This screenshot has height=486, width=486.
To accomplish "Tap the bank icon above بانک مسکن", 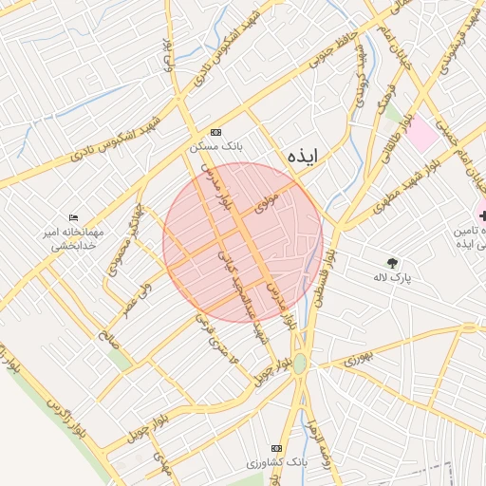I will (x=215, y=132).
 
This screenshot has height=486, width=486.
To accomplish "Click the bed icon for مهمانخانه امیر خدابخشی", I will (x=74, y=217).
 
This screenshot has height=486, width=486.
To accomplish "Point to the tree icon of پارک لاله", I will (x=391, y=262).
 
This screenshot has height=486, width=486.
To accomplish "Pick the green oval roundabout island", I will (x=300, y=363).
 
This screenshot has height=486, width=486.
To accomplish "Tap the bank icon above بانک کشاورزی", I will (x=276, y=447).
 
